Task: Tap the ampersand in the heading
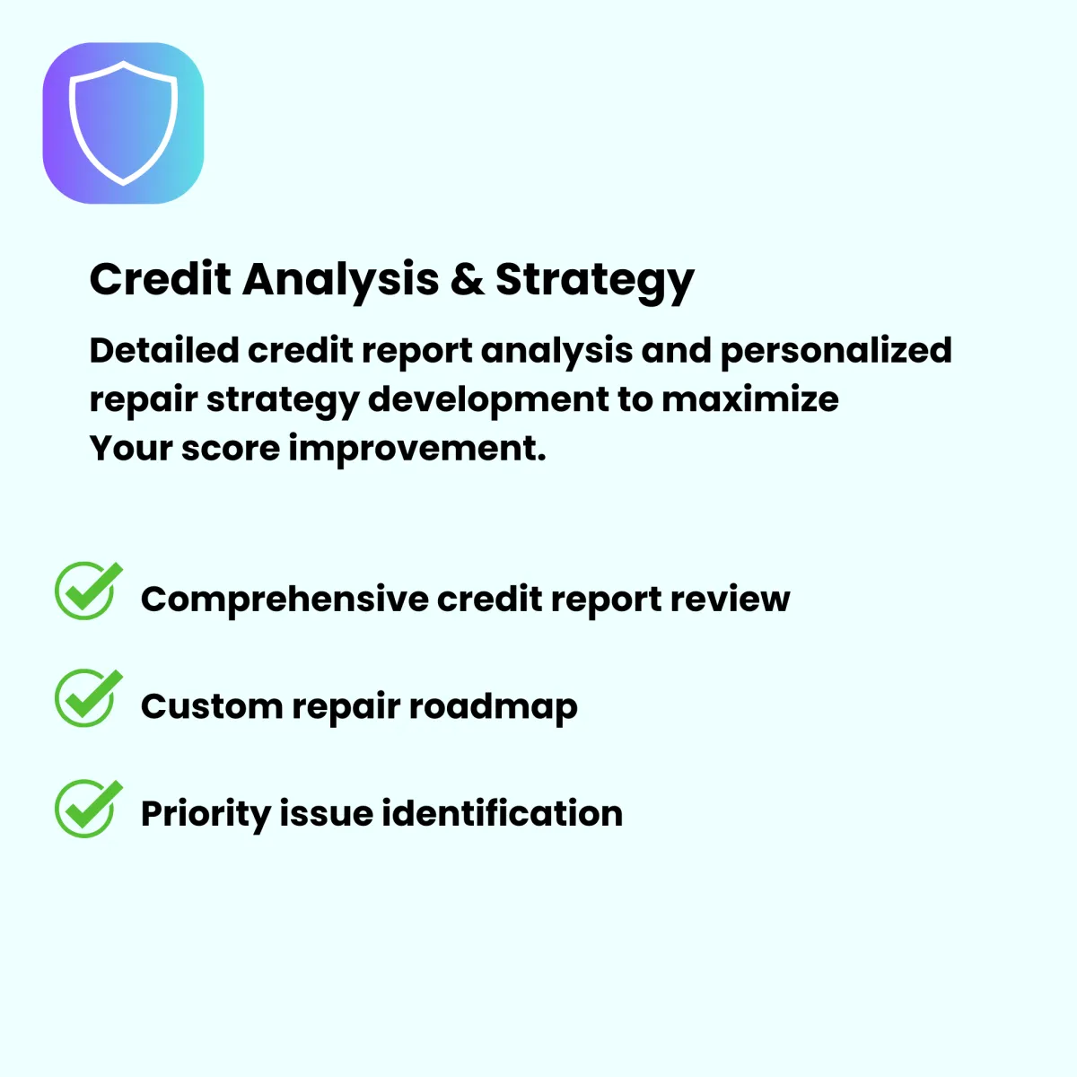468,279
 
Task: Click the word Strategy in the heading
595,283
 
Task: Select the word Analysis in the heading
341,282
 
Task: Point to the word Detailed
164,350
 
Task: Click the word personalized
836,352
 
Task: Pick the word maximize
750,399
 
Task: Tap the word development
488,401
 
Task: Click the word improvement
417,451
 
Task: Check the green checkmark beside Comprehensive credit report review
88,591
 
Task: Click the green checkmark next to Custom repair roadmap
88,697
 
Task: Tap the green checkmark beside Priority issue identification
88,808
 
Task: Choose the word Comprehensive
285,600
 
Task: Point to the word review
730,600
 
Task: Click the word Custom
213,706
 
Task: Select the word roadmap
494,708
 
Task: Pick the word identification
502,813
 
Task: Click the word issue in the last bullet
327,813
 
